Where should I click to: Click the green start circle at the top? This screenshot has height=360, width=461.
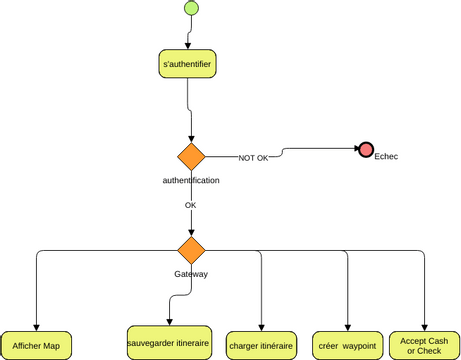tap(191, 10)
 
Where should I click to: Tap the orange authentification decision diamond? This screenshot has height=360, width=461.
tap(191, 157)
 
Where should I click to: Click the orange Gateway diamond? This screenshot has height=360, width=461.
tap(191, 249)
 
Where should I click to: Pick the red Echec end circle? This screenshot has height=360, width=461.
tap(366, 150)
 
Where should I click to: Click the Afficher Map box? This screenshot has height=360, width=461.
tap(36, 345)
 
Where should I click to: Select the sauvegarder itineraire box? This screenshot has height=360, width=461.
tap(169, 343)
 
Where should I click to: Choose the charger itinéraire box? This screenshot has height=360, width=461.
tap(261, 345)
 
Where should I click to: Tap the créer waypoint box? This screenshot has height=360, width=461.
tap(348, 345)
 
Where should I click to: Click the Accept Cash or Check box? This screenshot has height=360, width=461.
tap(424, 345)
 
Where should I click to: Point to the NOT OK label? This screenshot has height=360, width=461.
tap(253, 158)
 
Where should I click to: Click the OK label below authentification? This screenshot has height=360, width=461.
tap(190, 205)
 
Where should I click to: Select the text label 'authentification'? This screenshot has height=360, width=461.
tap(191, 180)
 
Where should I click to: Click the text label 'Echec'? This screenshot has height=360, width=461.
tap(386, 156)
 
